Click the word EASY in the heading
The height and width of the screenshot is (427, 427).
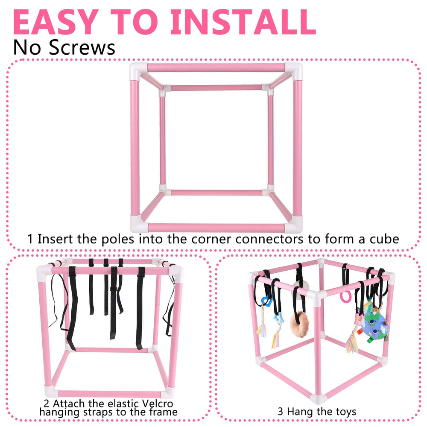click(56, 22)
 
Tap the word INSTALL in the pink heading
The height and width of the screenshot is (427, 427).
click(243, 22)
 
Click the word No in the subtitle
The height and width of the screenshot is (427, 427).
click(27, 48)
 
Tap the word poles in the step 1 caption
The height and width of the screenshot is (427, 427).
click(118, 240)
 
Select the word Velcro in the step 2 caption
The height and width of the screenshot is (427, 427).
click(158, 403)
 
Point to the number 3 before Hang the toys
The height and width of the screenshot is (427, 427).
click(280, 412)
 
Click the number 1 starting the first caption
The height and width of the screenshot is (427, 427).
click(30, 239)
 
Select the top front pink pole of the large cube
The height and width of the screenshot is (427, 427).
click(216, 67)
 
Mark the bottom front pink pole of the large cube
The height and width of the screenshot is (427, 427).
click(216, 228)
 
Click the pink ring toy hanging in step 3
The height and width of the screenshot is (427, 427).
click(345, 297)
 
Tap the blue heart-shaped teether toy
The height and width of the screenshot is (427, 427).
click(266, 301)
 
